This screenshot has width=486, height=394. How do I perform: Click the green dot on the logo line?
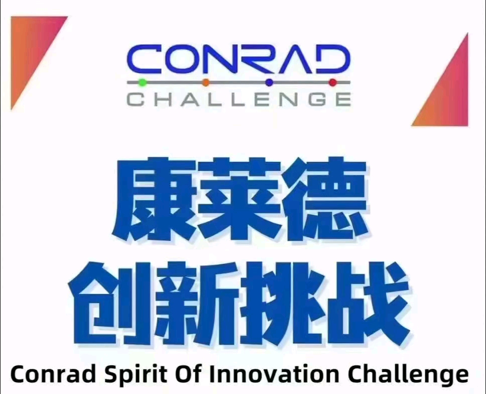click(x=143, y=81)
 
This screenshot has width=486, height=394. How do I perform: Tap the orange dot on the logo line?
click(x=206, y=82)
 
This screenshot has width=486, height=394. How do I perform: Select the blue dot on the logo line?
click(x=269, y=82)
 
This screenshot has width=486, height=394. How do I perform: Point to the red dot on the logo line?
click(x=332, y=82)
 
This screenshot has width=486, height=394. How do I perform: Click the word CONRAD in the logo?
click(x=237, y=59)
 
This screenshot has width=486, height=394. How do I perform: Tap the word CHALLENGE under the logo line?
click(x=238, y=98)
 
